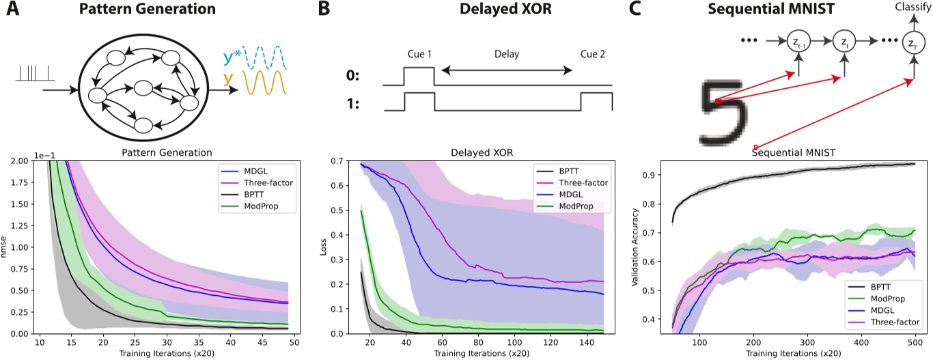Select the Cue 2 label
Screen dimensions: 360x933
tap(595, 55)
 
